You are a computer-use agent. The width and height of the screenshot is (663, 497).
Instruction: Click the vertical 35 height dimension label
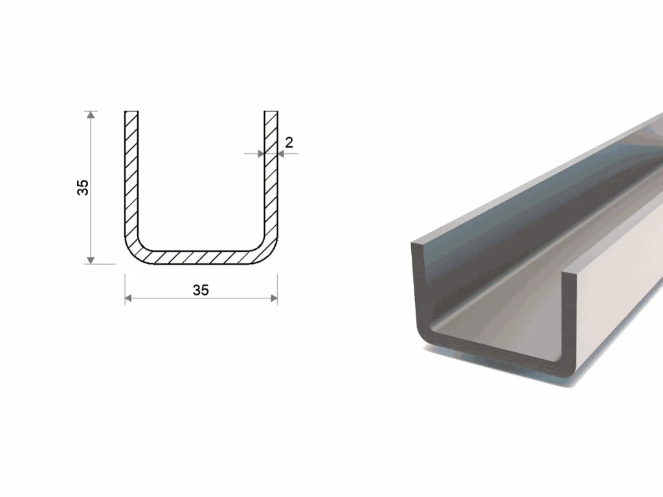83,187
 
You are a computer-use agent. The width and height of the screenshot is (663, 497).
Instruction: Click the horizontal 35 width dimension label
201,290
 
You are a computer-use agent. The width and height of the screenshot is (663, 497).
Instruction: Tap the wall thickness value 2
289,142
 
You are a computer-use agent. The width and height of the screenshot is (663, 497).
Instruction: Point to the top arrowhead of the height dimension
90,115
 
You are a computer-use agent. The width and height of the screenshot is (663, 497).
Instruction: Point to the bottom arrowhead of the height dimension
90,260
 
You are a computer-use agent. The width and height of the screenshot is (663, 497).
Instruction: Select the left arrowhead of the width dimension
129,298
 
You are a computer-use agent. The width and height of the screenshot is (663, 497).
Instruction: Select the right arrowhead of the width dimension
274,298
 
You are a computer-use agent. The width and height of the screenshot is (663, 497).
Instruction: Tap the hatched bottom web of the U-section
201,258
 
